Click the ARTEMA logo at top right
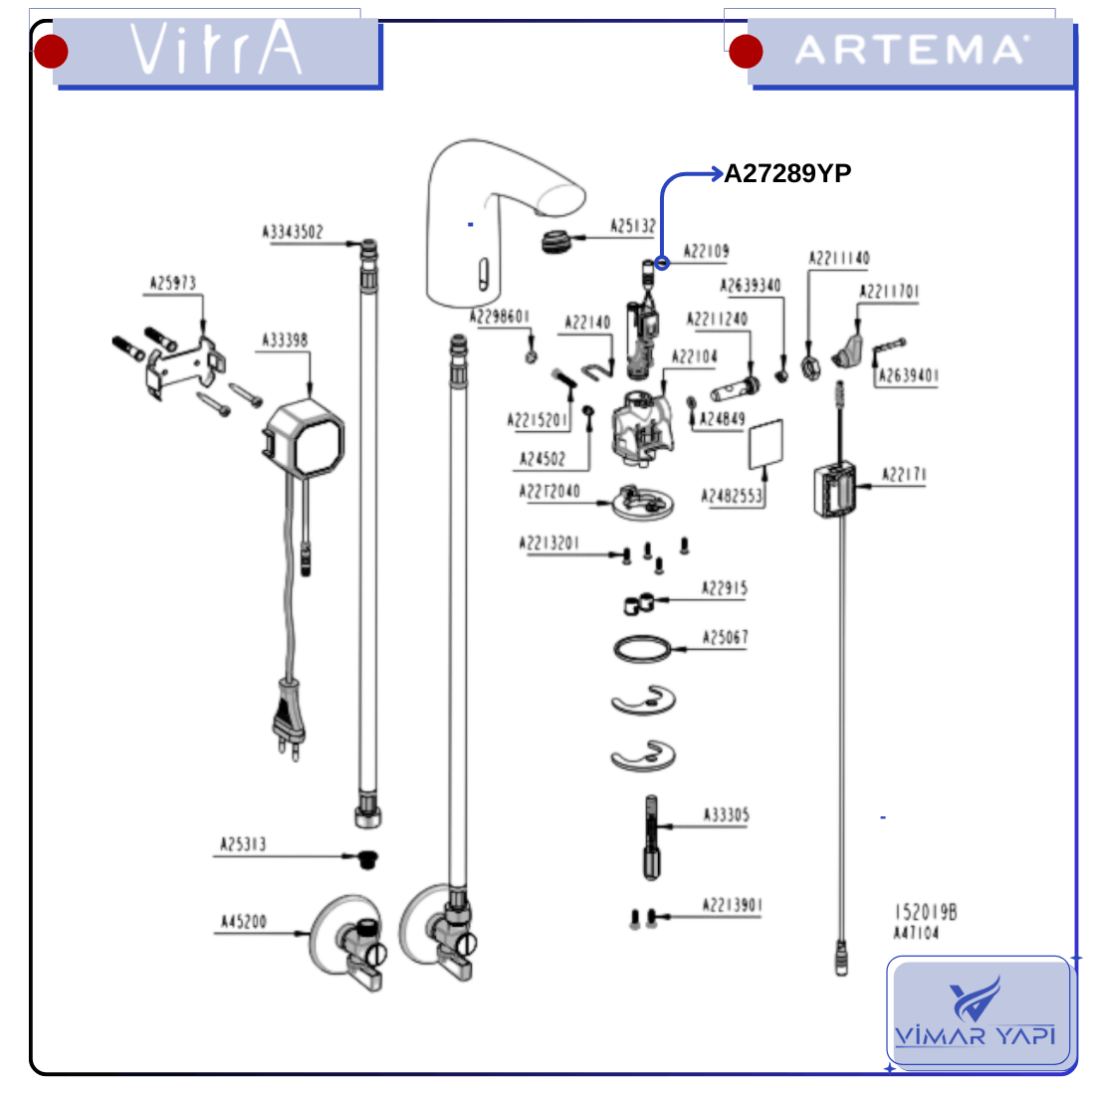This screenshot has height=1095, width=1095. pos(910,50)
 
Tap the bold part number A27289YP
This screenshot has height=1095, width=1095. pos(787,174)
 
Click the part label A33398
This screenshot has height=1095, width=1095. pos(285,341)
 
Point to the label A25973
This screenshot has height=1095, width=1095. pos(173,284)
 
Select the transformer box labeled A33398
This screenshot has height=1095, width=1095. pos(304,438)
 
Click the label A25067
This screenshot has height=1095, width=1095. pos(725,638)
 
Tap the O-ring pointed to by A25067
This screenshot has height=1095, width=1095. pos(643,650)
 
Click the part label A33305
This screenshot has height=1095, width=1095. pos(726,815)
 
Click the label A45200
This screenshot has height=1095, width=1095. pos(244,923)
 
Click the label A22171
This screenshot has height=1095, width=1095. pos(904,475)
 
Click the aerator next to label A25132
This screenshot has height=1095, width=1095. pos(560,240)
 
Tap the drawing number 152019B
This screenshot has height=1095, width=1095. pos(925,912)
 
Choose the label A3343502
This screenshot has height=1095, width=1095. pos(293,232)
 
